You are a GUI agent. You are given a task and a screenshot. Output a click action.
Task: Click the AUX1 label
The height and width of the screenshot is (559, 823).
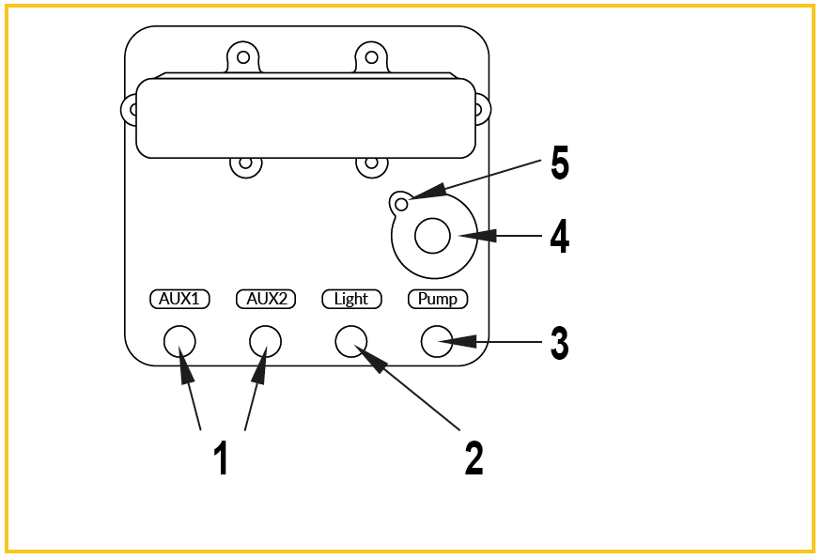coord(179,299)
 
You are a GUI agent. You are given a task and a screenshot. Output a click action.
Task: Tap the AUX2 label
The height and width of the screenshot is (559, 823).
coord(266,299)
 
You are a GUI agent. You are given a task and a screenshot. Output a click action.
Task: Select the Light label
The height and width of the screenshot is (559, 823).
coord(351,299)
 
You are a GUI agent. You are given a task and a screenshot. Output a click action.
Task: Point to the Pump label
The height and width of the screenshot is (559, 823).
coord(438,299)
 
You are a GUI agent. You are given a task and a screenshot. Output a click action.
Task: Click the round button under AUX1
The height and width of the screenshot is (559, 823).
coord(179,342)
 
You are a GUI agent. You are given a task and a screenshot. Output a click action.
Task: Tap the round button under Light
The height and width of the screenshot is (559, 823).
coord(351,342)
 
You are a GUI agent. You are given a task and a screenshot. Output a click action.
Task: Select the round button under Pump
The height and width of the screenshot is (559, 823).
coord(437,342)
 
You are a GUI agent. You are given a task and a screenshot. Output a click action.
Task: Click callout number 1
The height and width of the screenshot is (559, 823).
coord(222,458)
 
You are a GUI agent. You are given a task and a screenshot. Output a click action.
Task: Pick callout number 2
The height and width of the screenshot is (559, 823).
coord(474,458)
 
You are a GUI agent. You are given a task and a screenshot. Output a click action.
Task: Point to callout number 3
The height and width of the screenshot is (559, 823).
coord(560,343)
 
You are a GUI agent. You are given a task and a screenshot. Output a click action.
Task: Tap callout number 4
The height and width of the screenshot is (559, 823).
coord(560,236)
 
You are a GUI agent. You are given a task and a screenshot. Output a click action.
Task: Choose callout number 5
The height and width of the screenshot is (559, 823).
coord(560,163)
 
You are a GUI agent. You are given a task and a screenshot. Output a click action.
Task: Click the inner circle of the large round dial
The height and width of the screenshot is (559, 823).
coord(432,236)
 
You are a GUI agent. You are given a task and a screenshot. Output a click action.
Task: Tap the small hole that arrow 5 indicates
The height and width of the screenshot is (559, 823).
coord(401,204)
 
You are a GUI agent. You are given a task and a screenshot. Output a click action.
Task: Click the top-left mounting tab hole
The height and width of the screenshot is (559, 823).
coord(243,56)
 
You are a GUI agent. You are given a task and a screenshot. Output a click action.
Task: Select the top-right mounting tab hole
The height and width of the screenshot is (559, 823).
coord(372,56)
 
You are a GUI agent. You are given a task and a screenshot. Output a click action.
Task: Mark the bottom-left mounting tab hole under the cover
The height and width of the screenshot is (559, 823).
coord(245,163)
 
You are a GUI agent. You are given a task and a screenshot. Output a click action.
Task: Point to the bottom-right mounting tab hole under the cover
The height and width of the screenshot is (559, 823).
coord(372,163)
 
